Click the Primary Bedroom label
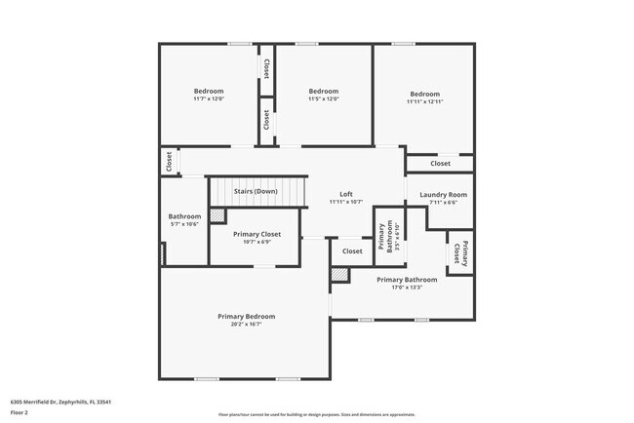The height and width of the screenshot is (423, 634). point(246,316)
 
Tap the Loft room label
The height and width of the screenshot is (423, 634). point(345,194)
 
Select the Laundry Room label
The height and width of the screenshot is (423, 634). point(443,195)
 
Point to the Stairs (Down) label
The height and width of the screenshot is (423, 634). point(256,191)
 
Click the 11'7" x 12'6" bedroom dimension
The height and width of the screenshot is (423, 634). point(208,99)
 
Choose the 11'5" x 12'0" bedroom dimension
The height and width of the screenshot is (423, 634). point(323,99)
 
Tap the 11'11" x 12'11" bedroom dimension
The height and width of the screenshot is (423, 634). point(424,102)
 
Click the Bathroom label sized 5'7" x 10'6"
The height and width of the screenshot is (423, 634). point(184,216)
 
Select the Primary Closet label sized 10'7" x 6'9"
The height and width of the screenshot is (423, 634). point(257,234)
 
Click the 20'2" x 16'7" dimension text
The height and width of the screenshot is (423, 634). point(246,325)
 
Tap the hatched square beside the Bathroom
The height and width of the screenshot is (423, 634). point(218,215)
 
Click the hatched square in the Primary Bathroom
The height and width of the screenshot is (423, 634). point(338,276)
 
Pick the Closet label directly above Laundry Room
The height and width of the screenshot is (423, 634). point(440,163)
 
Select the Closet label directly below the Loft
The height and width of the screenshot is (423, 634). point(352,251)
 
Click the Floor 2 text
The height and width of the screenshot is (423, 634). point(20,412)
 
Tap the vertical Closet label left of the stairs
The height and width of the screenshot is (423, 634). point(169,161)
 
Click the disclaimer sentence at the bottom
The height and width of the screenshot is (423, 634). point(316,414)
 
